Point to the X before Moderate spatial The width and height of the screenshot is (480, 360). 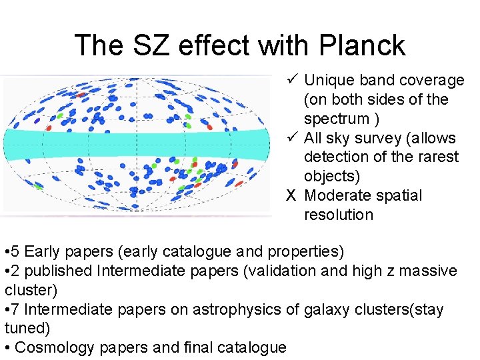click(291, 196)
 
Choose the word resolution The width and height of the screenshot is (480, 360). click(339, 215)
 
